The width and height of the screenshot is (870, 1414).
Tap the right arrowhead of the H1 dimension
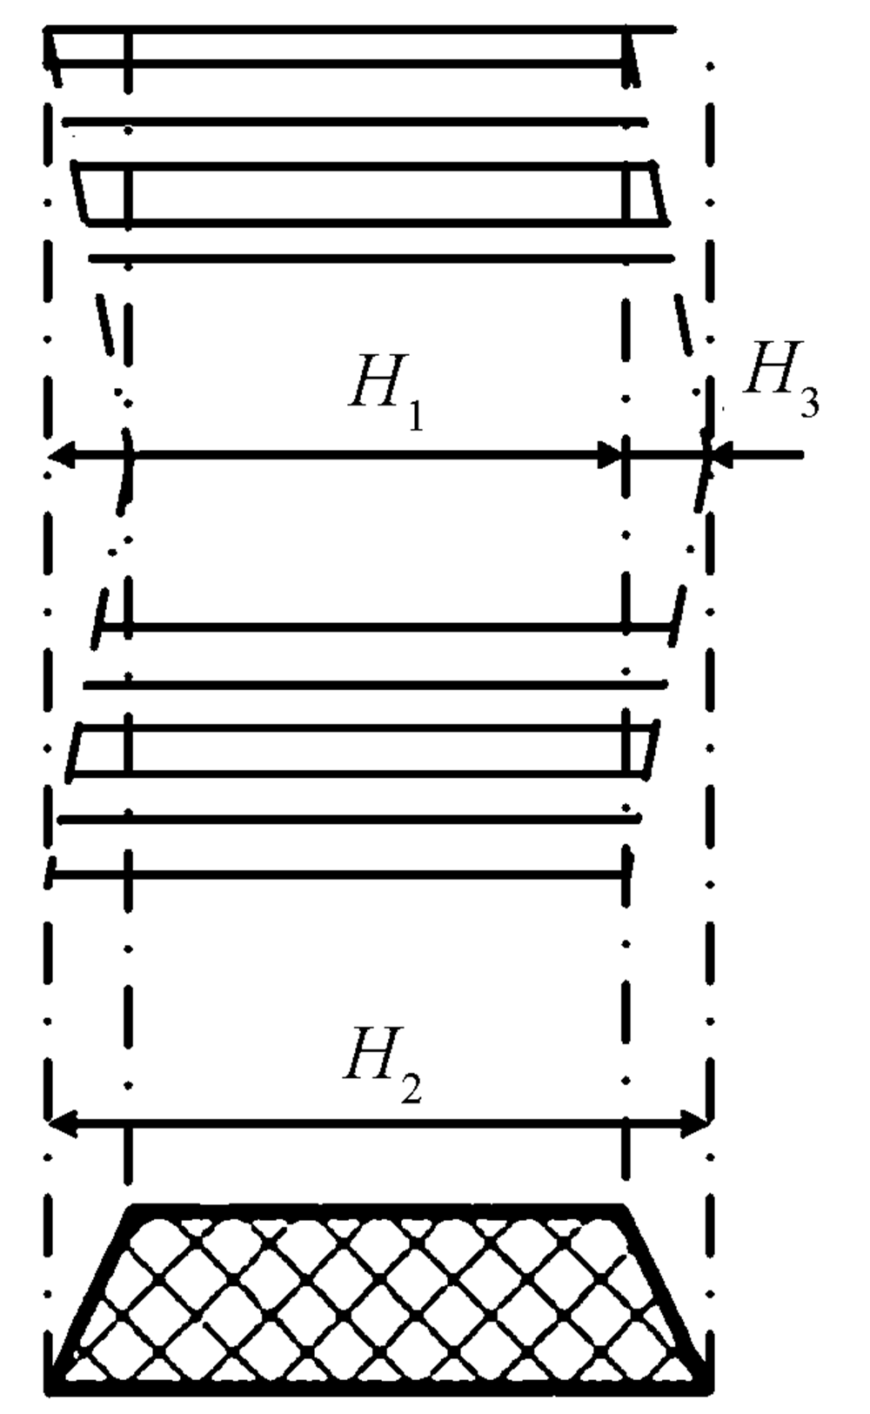[611, 453]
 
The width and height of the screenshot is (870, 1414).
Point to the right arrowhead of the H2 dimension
[699, 1123]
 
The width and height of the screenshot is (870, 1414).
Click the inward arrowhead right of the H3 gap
[722, 453]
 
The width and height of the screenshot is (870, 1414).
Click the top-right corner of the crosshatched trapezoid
[623, 1208]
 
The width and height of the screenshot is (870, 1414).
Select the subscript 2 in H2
[411, 1088]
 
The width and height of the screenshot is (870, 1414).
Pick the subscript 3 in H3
[808, 404]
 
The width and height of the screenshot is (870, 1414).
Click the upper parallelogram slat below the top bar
[370, 193]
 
